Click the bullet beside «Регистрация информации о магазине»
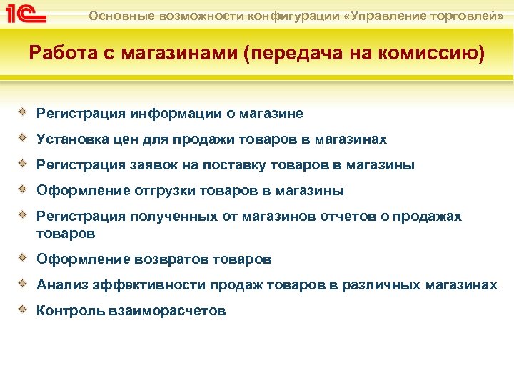click(x=24, y=112)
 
